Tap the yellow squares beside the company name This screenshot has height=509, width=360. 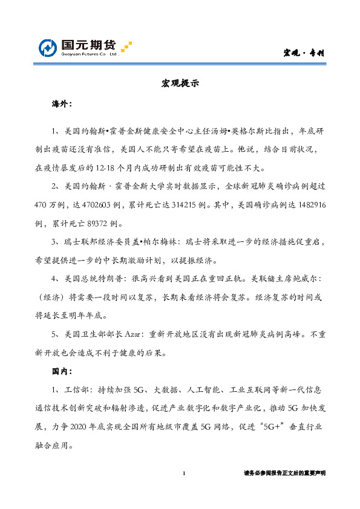point(126,47)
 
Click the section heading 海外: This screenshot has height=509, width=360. point(62,104)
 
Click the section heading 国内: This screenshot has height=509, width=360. point(62,370)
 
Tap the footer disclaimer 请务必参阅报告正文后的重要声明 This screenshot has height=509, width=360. point(284,473)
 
